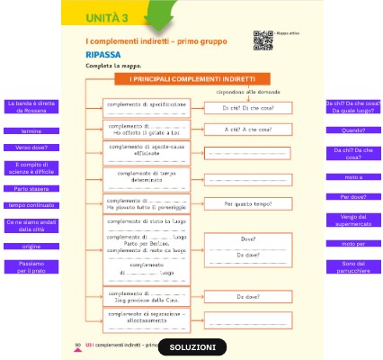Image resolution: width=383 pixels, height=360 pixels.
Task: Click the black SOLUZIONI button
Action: point(192,347)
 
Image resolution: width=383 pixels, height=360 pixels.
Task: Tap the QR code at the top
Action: point(263,39)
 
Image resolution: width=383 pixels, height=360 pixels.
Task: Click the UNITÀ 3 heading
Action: point(107,18)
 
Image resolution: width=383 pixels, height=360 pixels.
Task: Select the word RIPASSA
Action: point(103,54)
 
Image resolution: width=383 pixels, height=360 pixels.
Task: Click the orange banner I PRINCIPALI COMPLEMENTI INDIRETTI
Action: point(192,79)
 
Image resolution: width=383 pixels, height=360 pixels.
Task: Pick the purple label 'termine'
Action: point(31,131)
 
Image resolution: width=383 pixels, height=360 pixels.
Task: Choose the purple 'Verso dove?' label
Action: point(31,147)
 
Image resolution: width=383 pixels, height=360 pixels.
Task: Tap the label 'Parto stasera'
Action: point(31,189)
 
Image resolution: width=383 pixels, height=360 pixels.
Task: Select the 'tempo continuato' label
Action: point(31,205)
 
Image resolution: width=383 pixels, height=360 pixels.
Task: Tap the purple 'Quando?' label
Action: point(352,130)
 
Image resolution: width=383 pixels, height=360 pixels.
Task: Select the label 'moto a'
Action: point(352,176)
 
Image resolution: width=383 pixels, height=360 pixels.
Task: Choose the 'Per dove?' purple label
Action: point(352,196)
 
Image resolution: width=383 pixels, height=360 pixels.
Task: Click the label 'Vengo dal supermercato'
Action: point(352,220)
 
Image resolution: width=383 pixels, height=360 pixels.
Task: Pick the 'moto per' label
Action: point(352,244)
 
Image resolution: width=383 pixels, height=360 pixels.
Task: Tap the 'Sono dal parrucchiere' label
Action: point(352,265)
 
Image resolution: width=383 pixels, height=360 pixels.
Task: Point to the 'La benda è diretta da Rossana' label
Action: point(31,107)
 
